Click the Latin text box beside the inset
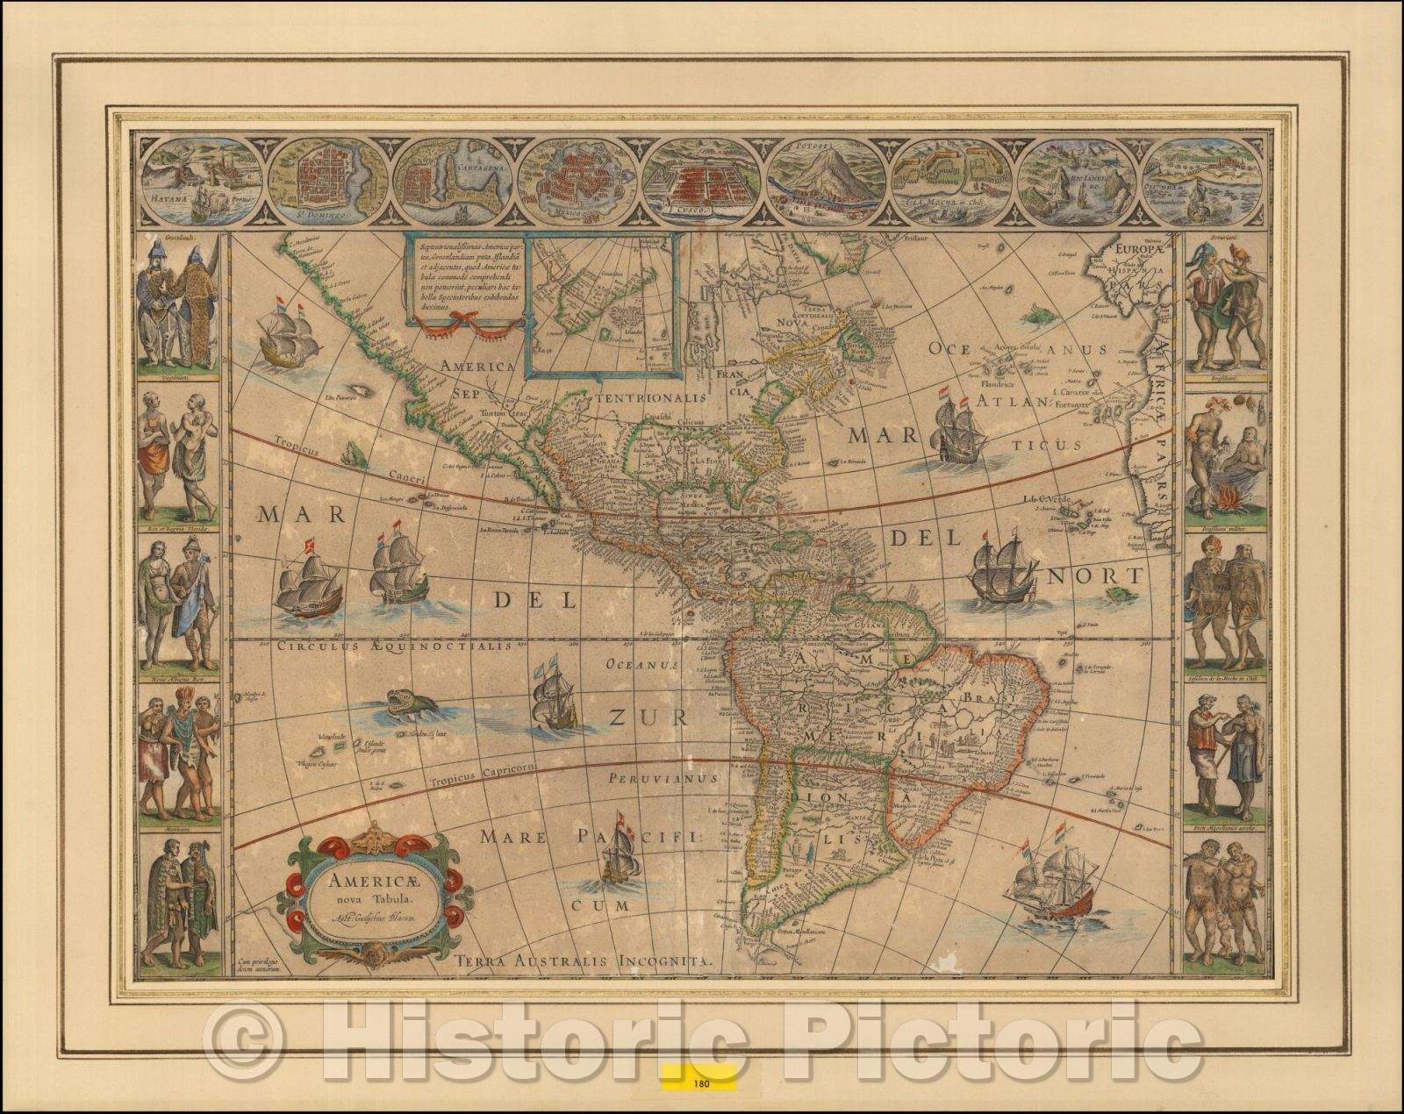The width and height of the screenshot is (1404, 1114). coord(463,275)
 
